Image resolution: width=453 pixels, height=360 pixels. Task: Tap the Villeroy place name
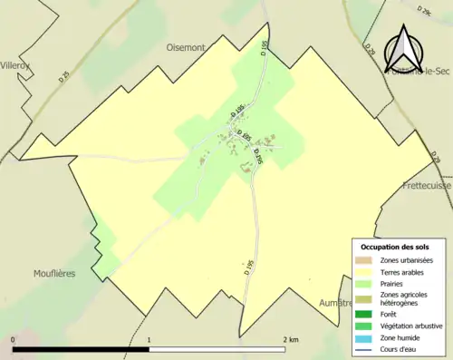(15, 65)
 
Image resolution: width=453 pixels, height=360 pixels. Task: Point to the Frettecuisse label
(428, 185)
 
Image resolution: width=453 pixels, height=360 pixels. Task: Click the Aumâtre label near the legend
(333, 303)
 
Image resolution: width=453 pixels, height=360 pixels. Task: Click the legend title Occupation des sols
(395, 247)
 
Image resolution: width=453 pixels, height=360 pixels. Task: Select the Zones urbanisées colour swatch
(365, 261)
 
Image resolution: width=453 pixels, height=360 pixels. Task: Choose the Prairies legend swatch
(365, 283)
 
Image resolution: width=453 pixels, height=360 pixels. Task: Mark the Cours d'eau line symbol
(365, 348)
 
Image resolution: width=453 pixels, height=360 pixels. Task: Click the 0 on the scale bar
(14, 340)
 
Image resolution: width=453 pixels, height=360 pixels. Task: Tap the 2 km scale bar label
(291, 340)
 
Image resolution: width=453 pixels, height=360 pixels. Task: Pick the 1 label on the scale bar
(149, 340)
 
